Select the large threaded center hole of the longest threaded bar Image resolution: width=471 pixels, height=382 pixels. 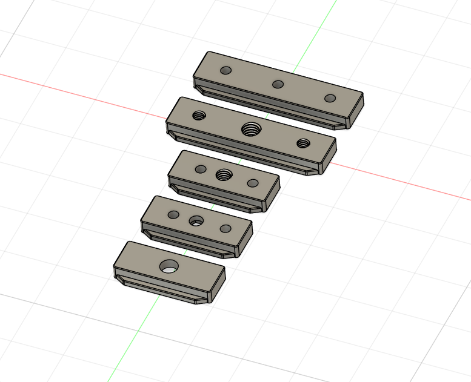tap(250, 128)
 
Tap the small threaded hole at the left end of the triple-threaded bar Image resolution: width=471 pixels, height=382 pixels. tap(199, 115)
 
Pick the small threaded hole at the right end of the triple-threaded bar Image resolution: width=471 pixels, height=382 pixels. tap(303, 143)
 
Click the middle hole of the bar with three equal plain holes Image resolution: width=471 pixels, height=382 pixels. tap(278, 84)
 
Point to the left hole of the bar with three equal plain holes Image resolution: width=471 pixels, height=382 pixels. tap(225, 70)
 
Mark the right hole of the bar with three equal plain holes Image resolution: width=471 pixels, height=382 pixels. tap(330, 98)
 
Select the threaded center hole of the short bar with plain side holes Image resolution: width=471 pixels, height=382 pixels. tap(224, 175)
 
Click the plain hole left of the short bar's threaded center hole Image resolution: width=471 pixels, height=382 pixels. tap(201, 169)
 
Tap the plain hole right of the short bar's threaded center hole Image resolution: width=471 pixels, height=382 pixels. tap(253, 183)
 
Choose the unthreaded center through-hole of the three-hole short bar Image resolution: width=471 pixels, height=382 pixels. tap(196, 221)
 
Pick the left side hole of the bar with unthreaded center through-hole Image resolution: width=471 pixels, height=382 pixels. tap(173, 214)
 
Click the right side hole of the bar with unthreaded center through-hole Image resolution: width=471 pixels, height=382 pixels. tap(225, 229)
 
